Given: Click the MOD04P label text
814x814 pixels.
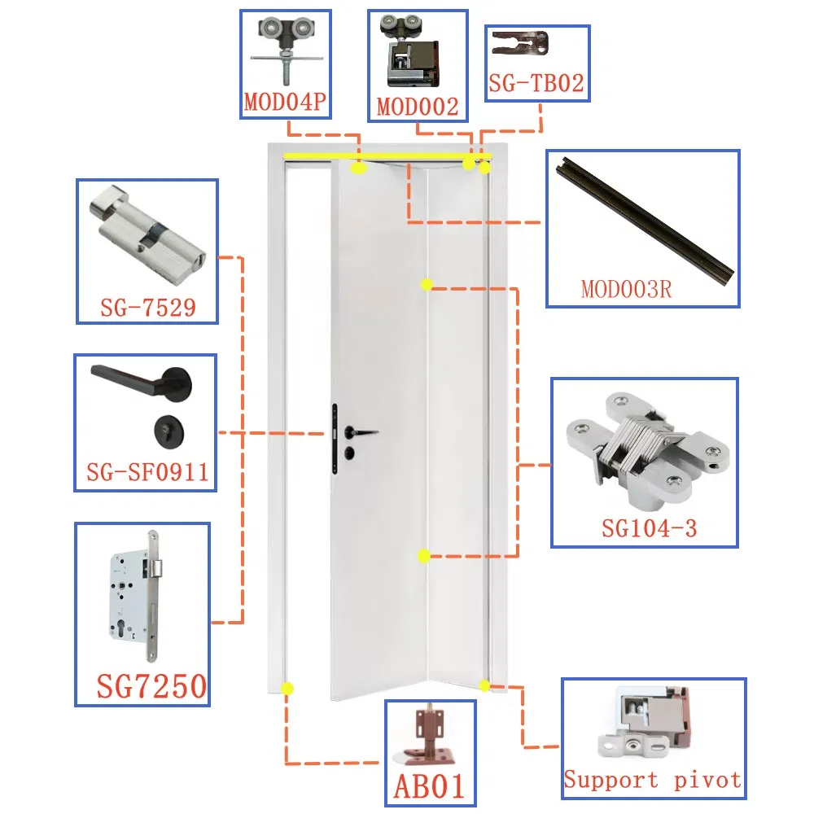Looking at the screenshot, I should [285, 104].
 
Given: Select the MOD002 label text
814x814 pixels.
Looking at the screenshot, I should [418, 106].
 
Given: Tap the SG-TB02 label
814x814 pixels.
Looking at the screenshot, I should [537, 82].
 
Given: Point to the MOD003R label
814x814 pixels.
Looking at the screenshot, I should [626, 288].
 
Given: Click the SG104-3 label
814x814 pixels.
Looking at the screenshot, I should [649, 528].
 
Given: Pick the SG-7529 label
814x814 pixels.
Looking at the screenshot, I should [147, 307].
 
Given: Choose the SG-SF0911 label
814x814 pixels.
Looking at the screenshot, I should [147, 472].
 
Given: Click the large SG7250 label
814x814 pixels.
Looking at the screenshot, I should [151, 686].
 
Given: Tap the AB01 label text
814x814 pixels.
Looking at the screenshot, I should [429, 786].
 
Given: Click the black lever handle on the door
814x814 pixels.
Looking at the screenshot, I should [361, 431].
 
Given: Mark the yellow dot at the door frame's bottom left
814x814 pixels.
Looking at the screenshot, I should [287, 688].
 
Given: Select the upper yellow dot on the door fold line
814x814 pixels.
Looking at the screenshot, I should [427, 284].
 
